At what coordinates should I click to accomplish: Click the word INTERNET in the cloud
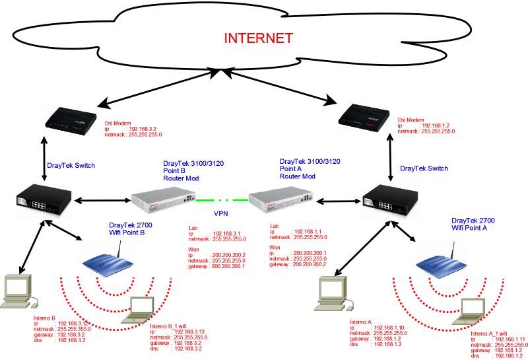pos(259,38)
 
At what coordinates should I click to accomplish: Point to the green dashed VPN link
pos(222,198)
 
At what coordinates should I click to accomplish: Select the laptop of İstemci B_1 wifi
pos(143,311)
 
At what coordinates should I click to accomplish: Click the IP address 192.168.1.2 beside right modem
pos(436,126)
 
